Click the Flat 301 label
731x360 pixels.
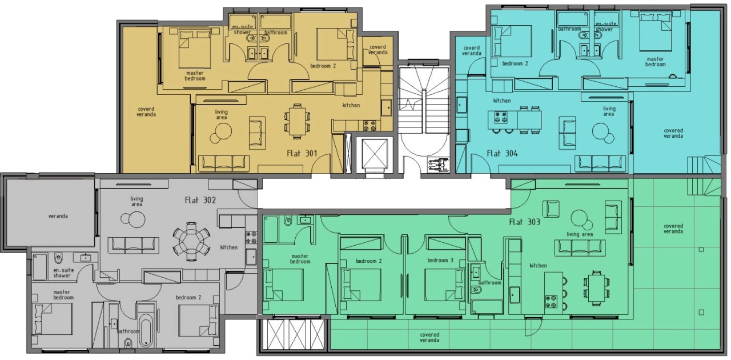pyautogui.click(x=302, y=153)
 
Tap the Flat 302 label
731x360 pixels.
pyautogui.click(x=200, y=200)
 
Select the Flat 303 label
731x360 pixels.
pyautogui.click(x=525, y=222)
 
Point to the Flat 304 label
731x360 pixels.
pyautogui.click(x=502, y=153)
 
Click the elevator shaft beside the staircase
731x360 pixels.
pyautogui.click(x=375, y=154)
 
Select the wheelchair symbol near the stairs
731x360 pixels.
pyautogui.click(x=438, y=163)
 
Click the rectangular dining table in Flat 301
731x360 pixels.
pyautogui.click(x=297, y=121)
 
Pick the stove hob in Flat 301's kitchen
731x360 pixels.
pyautogui.click(x=369, y=126)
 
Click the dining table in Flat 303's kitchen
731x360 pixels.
pyautogui.click(x=597, y=288)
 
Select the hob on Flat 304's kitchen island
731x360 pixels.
pyautogui.click(x=501, y=118)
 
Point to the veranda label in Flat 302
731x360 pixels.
pyautogui.click(x=58, y=216)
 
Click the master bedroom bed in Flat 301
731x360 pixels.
pyautogui.click(x=195, y=49)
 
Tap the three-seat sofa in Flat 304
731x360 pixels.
pyautogui.click(x=600, y=163)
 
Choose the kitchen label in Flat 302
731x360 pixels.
pyautogui.click(x=229, y=247)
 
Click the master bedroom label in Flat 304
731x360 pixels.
pyautogui.click(x=655, y=62)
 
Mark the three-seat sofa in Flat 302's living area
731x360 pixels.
pyautogui.click(x=134, y=245)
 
